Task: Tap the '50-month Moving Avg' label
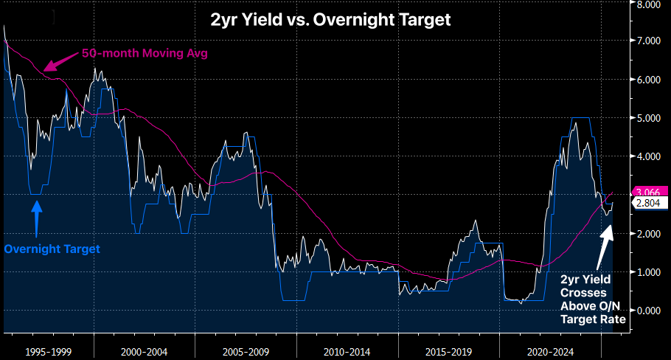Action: tap(145, 53)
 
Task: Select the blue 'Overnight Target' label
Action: tap(52, 249)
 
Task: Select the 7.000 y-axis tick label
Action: tap(649, 41)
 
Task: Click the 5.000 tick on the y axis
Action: tap(649, 118)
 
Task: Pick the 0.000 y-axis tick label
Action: tap(649, 311)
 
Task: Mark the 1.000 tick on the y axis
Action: tap(649, 272)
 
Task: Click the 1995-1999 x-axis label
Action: tap(49, 345)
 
